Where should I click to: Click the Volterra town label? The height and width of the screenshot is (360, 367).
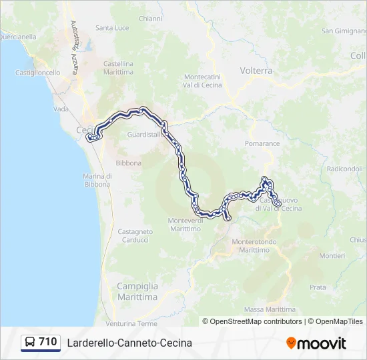point(256,70)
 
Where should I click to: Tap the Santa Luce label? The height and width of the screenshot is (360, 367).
point(112,28)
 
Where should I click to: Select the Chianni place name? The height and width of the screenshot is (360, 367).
point(150,19)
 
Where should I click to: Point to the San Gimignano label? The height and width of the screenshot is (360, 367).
point(344,31)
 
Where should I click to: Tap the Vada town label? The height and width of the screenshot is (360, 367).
point(61,109)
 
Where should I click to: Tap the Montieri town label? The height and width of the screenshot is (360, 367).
point(332,255)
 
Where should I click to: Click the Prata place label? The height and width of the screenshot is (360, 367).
point(318,287)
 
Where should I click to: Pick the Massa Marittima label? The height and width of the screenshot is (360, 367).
point(270,309)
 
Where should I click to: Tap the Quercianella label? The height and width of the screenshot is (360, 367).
point(18,37)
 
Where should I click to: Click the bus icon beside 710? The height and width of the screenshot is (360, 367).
point(30,343)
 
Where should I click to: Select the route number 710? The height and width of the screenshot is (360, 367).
point(48,342)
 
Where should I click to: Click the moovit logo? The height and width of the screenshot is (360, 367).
point(316,343)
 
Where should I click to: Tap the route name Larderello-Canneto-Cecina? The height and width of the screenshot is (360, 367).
point(129,343)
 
